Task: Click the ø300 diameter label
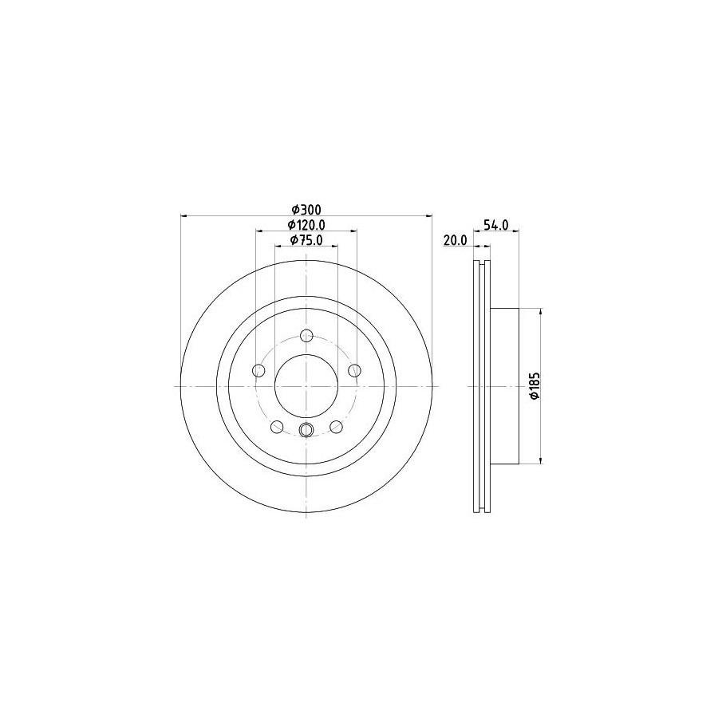307,209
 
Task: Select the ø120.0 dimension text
306,224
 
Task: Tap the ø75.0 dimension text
306,239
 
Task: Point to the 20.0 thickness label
455,240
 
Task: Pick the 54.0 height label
496,225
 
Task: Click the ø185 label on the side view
535,386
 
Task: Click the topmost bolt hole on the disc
306,336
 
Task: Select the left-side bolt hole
258,370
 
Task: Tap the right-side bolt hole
354,370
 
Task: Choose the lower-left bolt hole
277,427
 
